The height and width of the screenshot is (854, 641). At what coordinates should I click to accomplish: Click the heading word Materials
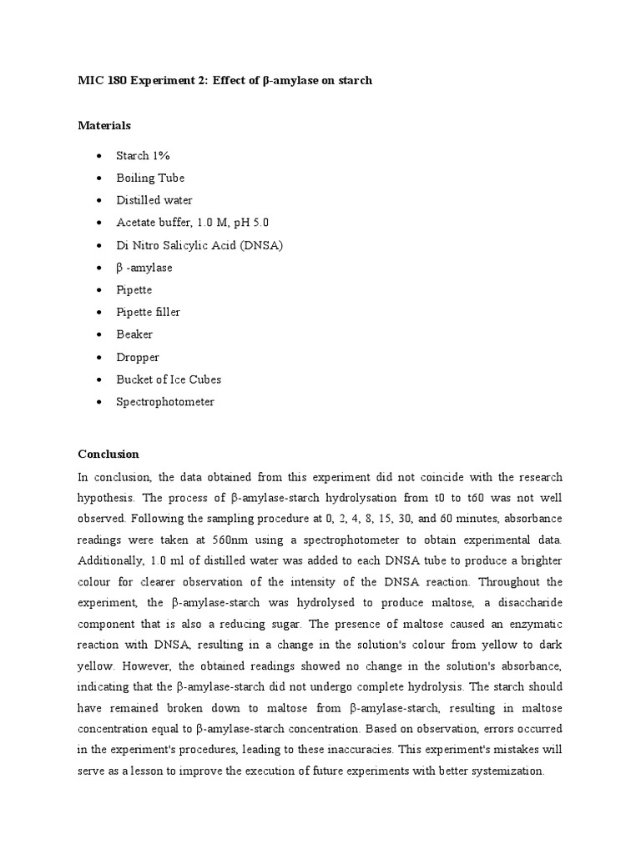click(x=104, y=126)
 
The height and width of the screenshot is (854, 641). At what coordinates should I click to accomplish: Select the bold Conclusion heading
click(x=108, y=455)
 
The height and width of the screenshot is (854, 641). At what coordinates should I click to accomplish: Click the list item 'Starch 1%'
click(x=144, y=156)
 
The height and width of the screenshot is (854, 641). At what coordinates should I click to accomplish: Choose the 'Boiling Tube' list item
click(x=150, y=178)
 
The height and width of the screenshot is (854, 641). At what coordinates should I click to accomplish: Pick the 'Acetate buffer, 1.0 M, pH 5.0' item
click(x=193, y=223)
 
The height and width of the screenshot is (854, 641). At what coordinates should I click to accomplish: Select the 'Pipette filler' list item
click(x=149, y=312)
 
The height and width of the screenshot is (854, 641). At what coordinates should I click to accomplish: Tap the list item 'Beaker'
click(x=134, y=334)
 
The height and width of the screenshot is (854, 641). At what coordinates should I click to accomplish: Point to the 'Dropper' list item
click(x=138, y=357)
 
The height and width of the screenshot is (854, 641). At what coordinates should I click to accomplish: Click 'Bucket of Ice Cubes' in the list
click(x=169, y=379)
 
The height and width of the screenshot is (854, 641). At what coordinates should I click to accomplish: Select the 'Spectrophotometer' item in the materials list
click(x=165, y=402)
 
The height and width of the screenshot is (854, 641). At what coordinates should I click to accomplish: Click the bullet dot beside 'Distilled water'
click(x=99, y=201)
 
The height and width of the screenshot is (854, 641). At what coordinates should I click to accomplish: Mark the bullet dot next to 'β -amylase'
click(x=99, y=269)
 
